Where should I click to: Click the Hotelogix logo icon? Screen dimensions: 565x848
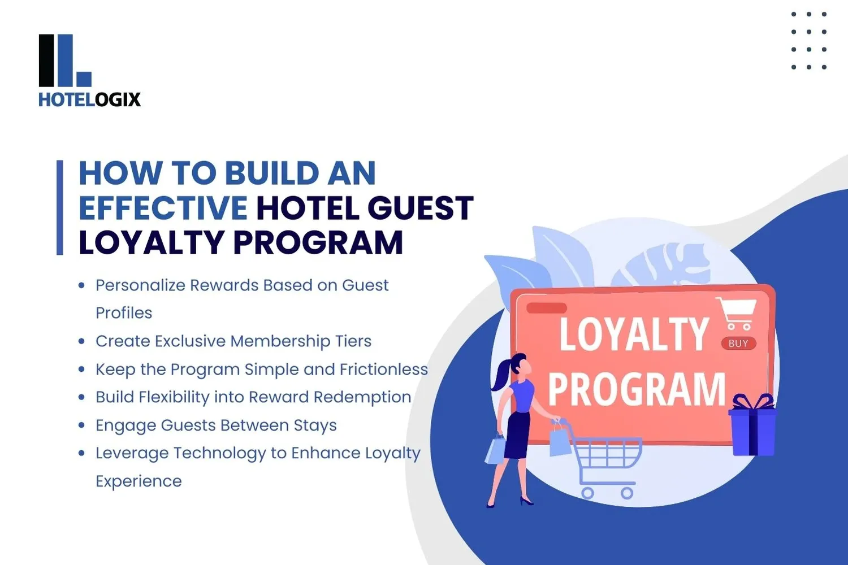64,60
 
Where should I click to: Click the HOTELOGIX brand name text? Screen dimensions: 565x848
89,100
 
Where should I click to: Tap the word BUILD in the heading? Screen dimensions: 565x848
271,173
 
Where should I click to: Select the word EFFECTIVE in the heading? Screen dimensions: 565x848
163,208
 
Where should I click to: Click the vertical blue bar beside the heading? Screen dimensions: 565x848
60,208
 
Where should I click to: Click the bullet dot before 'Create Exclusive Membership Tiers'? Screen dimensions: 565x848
82,341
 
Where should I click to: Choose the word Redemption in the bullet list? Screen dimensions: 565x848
362,397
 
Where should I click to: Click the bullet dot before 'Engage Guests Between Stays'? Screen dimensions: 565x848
82,425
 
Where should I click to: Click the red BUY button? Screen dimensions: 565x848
738,344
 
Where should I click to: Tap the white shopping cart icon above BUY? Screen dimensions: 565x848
737,313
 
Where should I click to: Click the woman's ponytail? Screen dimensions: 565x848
500,375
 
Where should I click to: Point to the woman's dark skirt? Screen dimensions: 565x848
517,435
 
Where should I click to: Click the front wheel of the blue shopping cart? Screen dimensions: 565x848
626,493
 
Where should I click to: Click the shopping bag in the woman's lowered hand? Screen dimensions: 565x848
496,450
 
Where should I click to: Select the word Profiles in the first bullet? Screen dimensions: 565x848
124,313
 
